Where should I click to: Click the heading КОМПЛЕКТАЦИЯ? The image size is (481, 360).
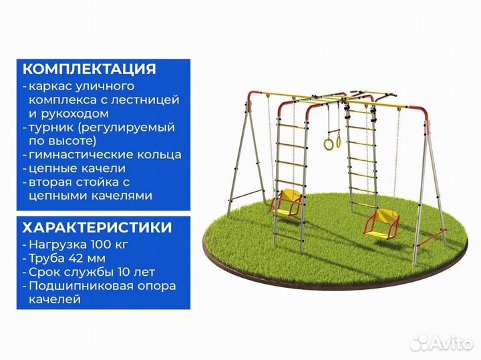coord(90,69)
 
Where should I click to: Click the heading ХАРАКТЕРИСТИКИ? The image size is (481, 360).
coord(96,227)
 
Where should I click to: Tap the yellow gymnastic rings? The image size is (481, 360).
coord(332,142)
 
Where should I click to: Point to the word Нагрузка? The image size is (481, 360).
coord(57,244)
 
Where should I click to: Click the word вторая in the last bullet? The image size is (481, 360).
coord(51,182)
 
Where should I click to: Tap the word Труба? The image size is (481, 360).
coord(46,258)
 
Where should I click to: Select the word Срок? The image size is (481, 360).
coord(43,272)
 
